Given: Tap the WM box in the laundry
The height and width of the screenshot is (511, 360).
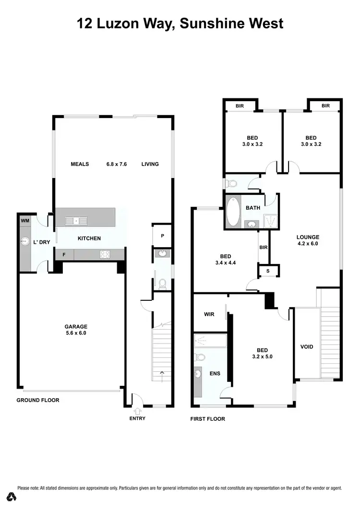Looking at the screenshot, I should tap(24, 220).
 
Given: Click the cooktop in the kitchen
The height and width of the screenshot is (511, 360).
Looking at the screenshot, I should tap(105, 254).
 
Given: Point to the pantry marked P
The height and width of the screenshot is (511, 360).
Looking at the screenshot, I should tap(163, 236).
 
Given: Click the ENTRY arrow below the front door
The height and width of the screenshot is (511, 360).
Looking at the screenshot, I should tap(137, 411).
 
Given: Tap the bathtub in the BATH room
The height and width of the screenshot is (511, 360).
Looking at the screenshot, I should tap(234, 211).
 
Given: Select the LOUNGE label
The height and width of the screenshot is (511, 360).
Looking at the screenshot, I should tap(308, 237).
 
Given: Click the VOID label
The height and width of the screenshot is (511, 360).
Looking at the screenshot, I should tap(306, 346).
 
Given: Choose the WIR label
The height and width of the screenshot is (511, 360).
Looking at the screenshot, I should tap(209, 315).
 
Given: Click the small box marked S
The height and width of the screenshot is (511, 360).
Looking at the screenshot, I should tap(268, 271).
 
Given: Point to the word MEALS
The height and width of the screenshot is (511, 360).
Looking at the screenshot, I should tap(80, 164).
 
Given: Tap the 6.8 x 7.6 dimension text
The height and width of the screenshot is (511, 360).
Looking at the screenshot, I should tap(117, 164).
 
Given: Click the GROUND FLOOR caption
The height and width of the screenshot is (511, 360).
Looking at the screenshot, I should tap(38, 400).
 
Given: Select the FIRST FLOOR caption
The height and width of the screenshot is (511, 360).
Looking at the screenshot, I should tap(207, 419).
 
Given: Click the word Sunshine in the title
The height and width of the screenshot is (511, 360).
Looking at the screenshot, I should tap(210, 23).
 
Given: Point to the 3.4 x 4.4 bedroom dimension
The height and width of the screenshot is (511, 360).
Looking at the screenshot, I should tap(225, 263).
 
